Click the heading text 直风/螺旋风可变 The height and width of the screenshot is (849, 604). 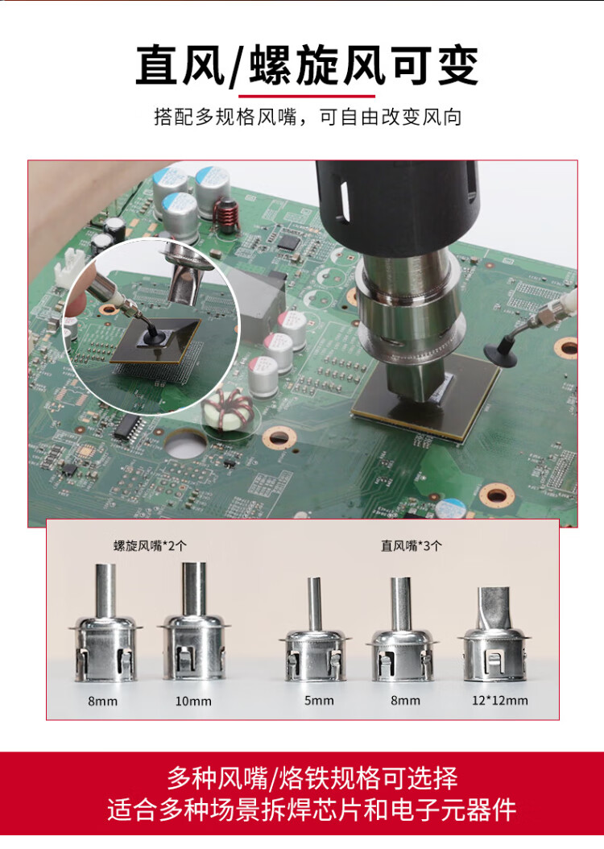[x=307, y=65]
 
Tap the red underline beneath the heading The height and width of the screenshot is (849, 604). [x=307, y=97]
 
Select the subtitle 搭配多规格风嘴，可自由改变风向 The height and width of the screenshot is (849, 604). [x=308, y=117]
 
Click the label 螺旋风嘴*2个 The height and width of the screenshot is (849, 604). [x=150, y=545]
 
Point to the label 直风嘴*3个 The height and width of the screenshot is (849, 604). [x=412, y=545]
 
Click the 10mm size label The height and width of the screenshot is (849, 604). [x=193, y=701]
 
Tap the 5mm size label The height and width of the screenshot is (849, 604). [x=319, y=701]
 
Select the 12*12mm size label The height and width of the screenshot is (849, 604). [x=499, y=701]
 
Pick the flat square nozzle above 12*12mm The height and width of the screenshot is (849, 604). [x=494, y=633]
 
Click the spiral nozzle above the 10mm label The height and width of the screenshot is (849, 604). [x=194, y=623]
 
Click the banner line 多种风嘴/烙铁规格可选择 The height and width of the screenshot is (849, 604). [x=312, y=778]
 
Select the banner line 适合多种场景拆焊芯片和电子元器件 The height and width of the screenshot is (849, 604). [x=312, y=810]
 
